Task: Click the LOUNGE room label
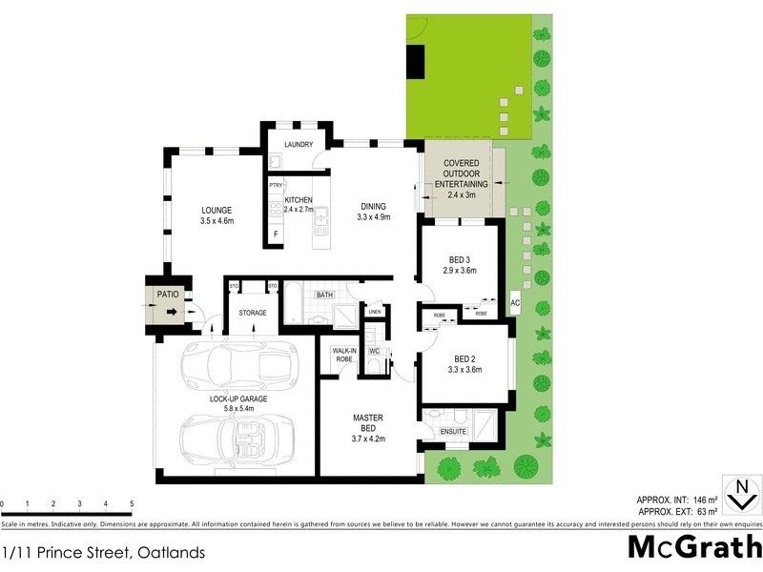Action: coord(217,211)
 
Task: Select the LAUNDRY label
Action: coord(299,145)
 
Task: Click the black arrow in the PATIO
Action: coord(168,310)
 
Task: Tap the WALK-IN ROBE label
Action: coord(344,355)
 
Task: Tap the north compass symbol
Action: coord(741,497)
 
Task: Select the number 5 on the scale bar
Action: coord(132,502)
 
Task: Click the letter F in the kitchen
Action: coord(277,234)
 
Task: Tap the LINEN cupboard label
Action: coord(375,312)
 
